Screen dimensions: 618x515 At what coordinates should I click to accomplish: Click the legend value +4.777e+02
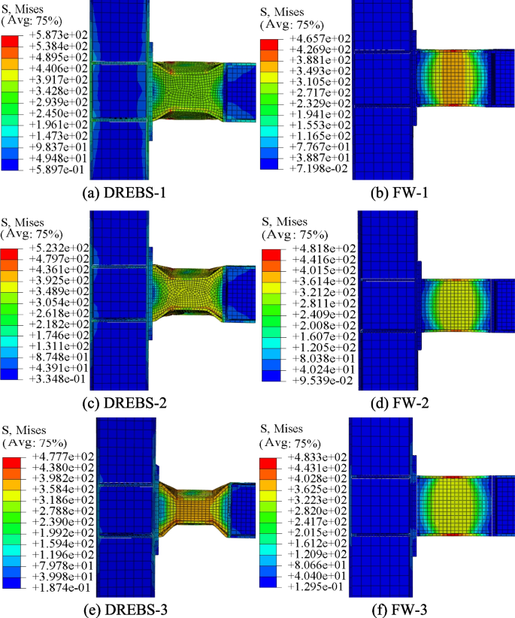coord(59,457)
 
